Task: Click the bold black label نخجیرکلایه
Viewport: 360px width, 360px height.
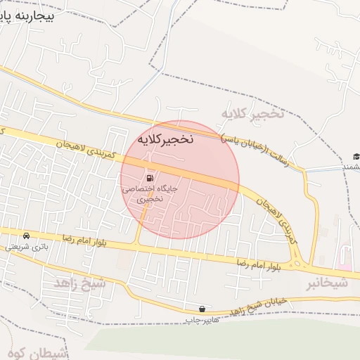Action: pos(165,139)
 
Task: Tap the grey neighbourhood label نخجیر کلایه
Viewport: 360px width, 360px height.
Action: pos(252,114)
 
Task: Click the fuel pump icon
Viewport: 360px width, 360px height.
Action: pos(150,178)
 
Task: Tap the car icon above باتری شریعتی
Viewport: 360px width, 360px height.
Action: pos(26,236)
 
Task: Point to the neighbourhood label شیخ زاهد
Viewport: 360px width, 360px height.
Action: pos(79,283)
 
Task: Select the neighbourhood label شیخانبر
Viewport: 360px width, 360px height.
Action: pos(326,283)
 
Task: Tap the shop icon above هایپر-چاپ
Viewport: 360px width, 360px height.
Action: pos(202,309)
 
